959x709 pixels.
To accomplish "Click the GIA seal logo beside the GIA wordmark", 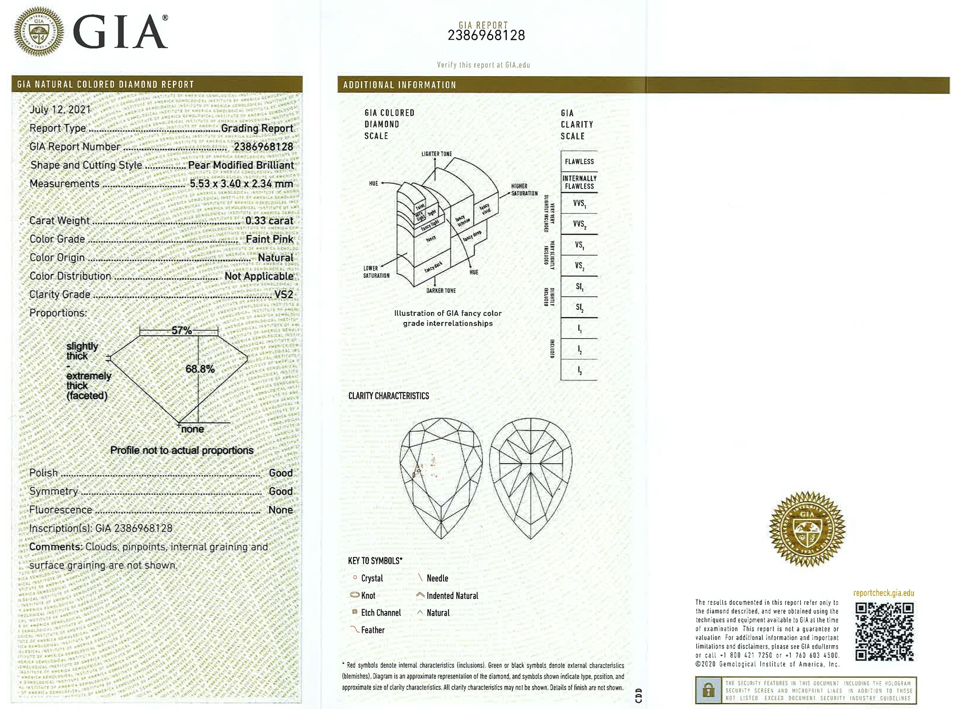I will [x=38, y=32].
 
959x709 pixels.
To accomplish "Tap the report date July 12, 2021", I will [x=60, y=110].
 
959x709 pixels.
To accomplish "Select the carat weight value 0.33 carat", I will [x=269, y=221].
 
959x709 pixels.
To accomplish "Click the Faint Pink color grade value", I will [x=269, y=239].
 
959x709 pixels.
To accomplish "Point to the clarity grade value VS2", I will [x=284, y=294].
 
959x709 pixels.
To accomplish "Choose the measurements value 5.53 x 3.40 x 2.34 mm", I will [x=241, y=183].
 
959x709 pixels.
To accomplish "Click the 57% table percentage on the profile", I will [x=181, y=330].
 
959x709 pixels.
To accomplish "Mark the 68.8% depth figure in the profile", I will [x=200, y=369].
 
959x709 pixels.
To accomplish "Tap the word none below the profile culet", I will [x=192, y=429].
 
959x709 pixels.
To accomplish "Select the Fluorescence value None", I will [x=280, y=510].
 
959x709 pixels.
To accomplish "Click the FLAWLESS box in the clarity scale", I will [x=579, y=162].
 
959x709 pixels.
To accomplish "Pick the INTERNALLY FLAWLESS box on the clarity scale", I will [x=579, y=182].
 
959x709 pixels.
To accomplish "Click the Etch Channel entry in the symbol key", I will [x=380, y=613].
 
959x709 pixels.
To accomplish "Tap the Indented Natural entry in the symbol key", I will [x=452, y=596].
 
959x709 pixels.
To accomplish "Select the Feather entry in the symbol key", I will [x=372, y=630].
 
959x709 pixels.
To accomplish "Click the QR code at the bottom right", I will [x=884, y=631].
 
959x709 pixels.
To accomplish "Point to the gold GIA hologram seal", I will [x=807, y=528].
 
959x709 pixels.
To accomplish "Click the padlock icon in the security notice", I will [x=708, y=691].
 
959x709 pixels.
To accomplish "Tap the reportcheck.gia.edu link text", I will [x=883, y=593].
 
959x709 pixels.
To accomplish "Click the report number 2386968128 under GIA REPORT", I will [x=486, y=35].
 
